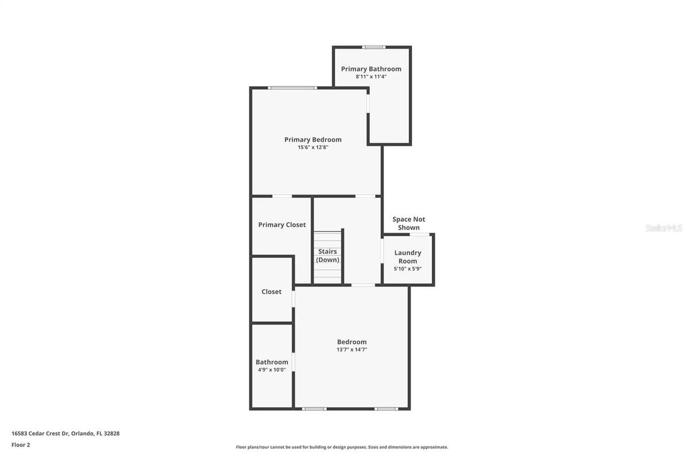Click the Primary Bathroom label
[371, 69]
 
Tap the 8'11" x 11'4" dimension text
[371, 76]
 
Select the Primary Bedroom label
[313, 140]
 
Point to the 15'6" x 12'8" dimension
[313, 147]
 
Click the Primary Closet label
[282, 225]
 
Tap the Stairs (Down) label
[328, 256]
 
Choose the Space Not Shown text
[409, 223]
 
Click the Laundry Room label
[408, 257]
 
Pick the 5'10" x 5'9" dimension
[408, 269]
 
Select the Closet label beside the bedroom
[271, 291]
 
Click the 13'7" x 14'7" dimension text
[352, 350]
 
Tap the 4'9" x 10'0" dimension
[271, 369]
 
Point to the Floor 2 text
[21, 445]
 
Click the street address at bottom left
[65, 434]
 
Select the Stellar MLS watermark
[664, 228]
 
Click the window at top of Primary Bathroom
[374, 47]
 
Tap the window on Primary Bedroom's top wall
[292, 88]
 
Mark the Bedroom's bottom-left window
[314, 409]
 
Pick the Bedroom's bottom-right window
[386, 409]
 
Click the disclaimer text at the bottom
[342, 447]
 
